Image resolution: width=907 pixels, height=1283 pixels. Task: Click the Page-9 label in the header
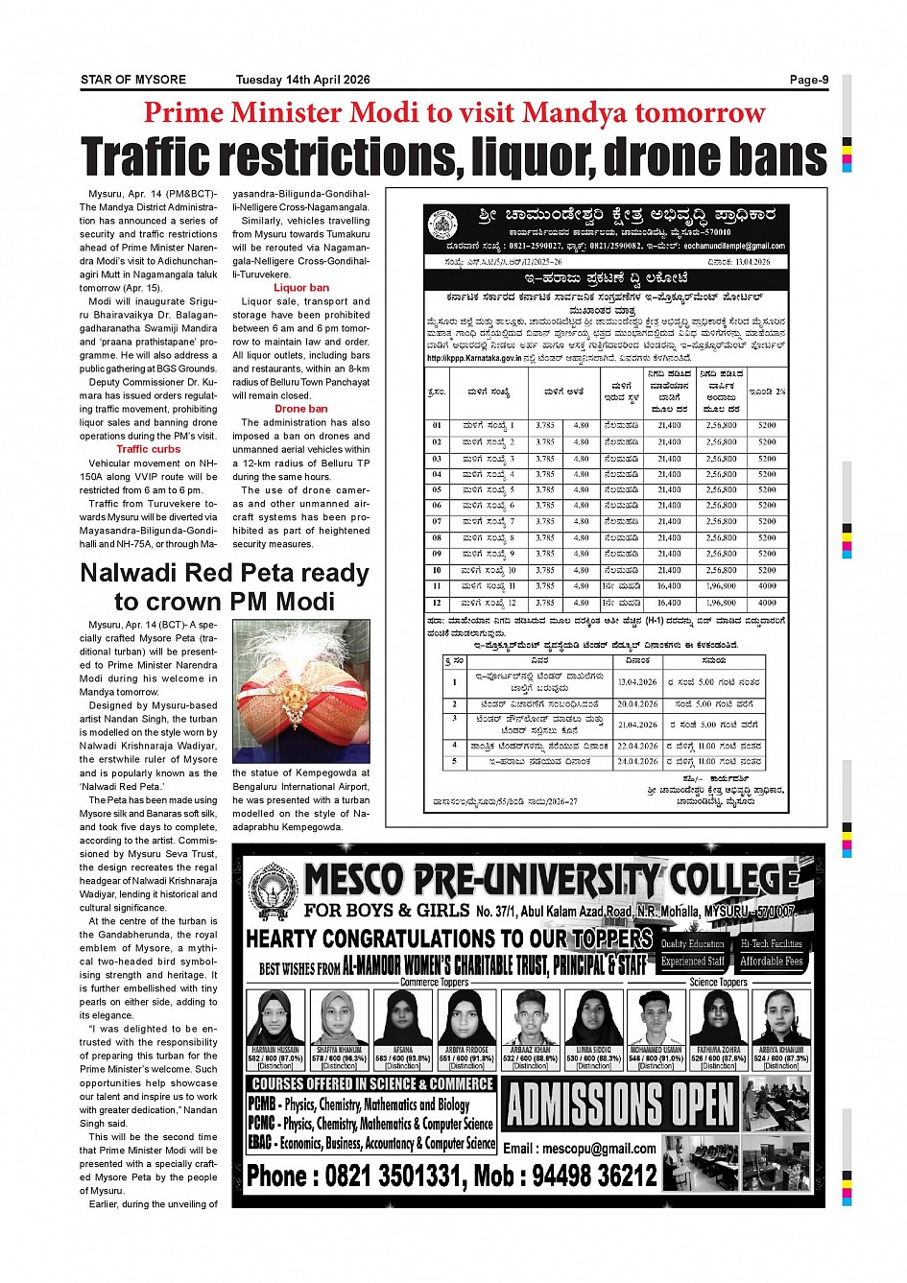(x=808, y=80)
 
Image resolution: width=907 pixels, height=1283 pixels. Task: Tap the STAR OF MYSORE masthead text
(x=133, y=80)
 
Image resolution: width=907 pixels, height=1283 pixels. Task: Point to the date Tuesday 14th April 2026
(x=302, y=80)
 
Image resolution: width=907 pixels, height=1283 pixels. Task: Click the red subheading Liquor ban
(x=301, y=288)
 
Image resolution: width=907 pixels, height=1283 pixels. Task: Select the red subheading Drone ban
(x=301, y=409)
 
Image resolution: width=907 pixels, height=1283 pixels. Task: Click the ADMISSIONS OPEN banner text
(x=621, y=1104)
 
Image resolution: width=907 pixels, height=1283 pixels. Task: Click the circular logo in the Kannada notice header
(x=442, y=226)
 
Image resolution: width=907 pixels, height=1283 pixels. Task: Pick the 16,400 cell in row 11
(x=669, y=586)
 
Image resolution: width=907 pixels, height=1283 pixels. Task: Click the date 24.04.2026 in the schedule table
(x=637, y=762)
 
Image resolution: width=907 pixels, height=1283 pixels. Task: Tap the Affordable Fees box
(x=771, y=962)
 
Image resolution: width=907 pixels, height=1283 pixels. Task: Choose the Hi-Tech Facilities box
(x=771, y=944)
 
